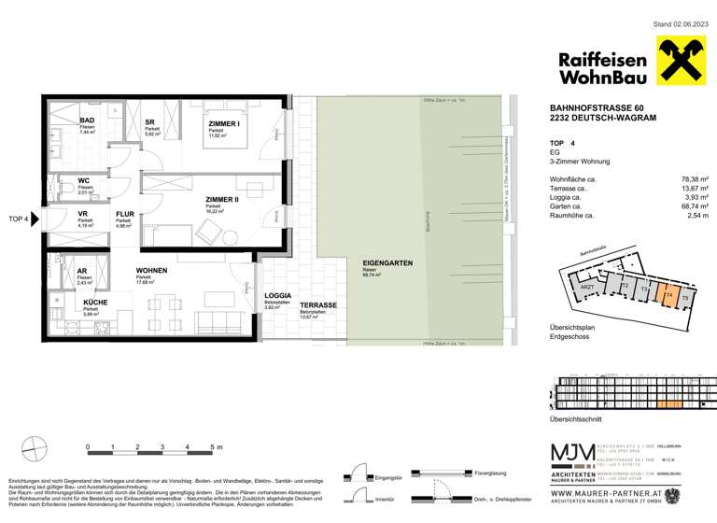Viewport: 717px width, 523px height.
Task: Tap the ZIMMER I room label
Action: pyautogui.click(x=224, y=123)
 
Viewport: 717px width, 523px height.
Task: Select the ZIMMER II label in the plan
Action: pyautogui.click(x=222, y=199)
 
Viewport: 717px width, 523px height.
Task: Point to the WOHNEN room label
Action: pyautogui.click(x=151, y=271)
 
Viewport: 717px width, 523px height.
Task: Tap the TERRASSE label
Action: pyautogui.click(x=318, y=305)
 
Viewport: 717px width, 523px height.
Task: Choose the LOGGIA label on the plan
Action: pyautogui.click(x=276, y=294)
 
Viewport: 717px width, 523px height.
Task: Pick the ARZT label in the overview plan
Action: pyautogui.click(x=587, y=289)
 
